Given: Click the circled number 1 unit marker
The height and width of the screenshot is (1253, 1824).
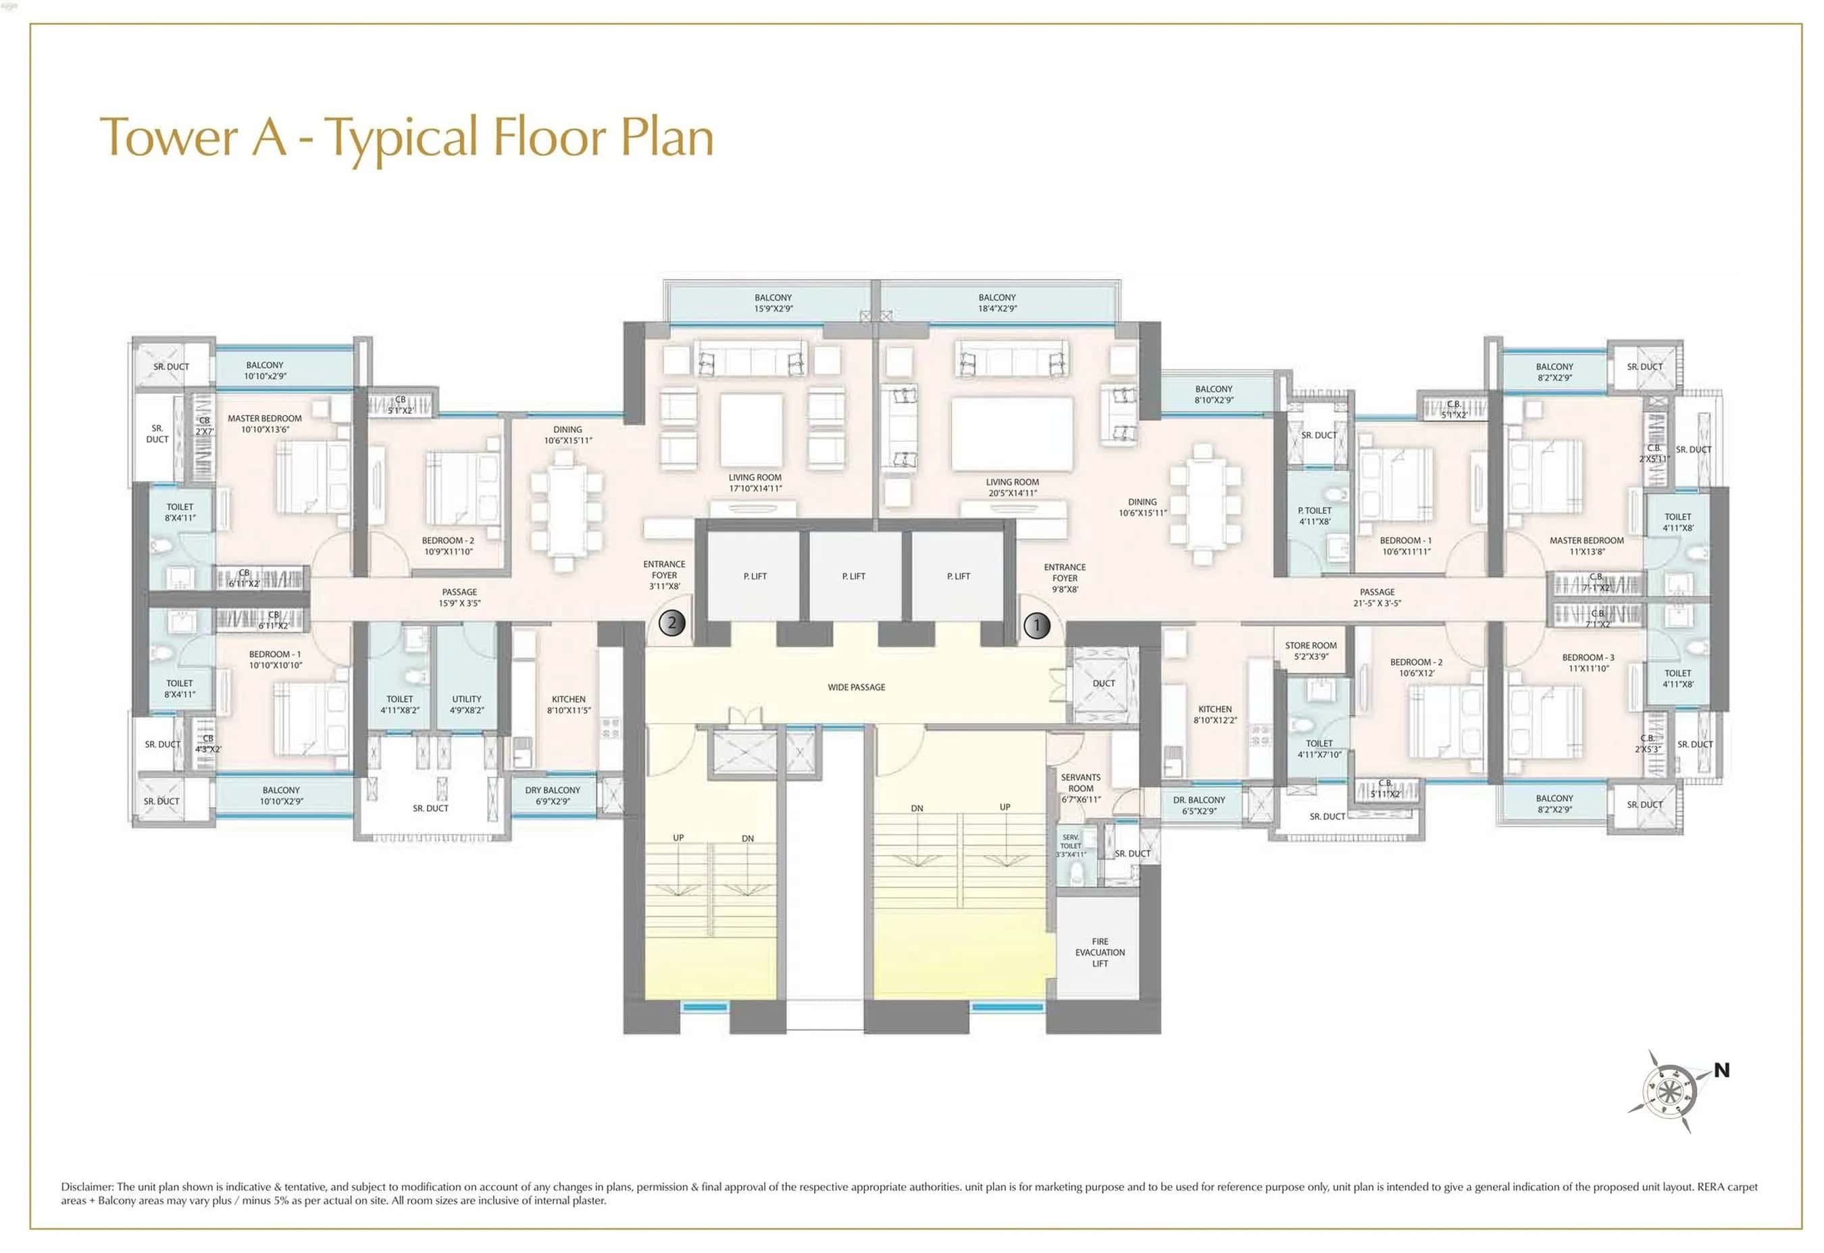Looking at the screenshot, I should pos(1036,625).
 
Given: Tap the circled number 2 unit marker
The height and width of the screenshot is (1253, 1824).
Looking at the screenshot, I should pos(672,623).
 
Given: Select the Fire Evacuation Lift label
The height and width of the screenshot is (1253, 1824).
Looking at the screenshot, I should pos(1099,952).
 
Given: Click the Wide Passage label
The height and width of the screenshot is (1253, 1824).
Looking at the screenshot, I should pos(856,687).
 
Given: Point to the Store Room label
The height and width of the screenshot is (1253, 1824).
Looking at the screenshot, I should pos(1311,651).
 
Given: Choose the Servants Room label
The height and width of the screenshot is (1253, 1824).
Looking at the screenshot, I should pos(1080,788).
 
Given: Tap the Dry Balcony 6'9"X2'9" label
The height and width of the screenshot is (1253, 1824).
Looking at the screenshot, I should pos(552,795).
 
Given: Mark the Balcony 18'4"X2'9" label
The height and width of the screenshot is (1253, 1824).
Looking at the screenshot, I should pos(996,303).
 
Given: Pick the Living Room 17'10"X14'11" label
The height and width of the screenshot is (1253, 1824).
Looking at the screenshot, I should pos(755,483).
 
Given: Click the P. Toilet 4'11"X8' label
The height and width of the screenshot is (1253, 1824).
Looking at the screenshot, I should pos(1315,516).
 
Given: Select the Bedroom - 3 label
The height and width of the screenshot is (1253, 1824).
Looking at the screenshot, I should pos(1588,663).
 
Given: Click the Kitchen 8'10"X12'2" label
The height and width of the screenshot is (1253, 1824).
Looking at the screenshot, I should pos(1215,715).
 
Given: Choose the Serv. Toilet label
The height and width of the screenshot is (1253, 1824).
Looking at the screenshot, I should pos(1071,846).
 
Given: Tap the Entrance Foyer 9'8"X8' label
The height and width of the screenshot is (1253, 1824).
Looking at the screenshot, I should pos(1064,578).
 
